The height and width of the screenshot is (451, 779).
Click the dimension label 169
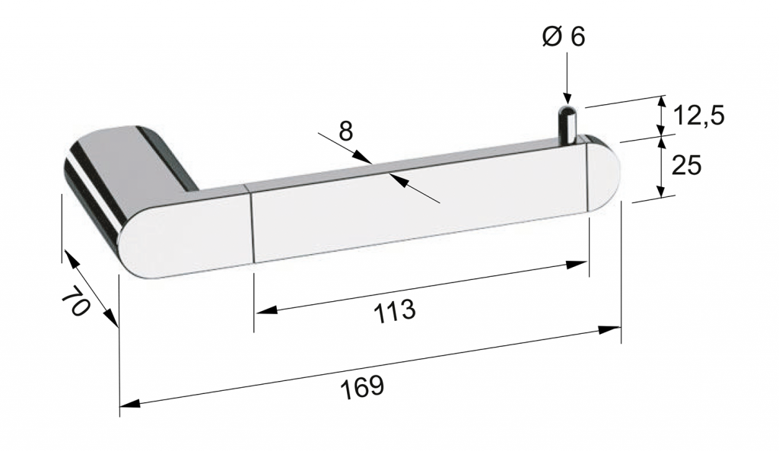[363, 387]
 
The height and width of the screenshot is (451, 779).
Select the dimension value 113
[395, 311]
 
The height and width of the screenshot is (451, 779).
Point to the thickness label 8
[346, 132]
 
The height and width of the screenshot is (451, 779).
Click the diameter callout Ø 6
[564, 37]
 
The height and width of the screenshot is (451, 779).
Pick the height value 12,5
[699, 116]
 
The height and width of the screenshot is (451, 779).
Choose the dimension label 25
[686, 165]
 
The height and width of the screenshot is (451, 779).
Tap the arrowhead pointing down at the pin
[566, 99]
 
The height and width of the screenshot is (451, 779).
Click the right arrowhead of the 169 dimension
[609, 330]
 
